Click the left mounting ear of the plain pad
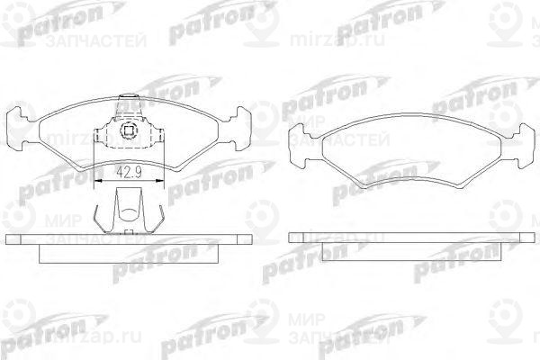(x=299, y=140)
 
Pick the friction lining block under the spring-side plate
(x=130, y=251)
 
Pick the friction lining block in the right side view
(x=410, y=251)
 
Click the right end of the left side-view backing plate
(x=250, y=238)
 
